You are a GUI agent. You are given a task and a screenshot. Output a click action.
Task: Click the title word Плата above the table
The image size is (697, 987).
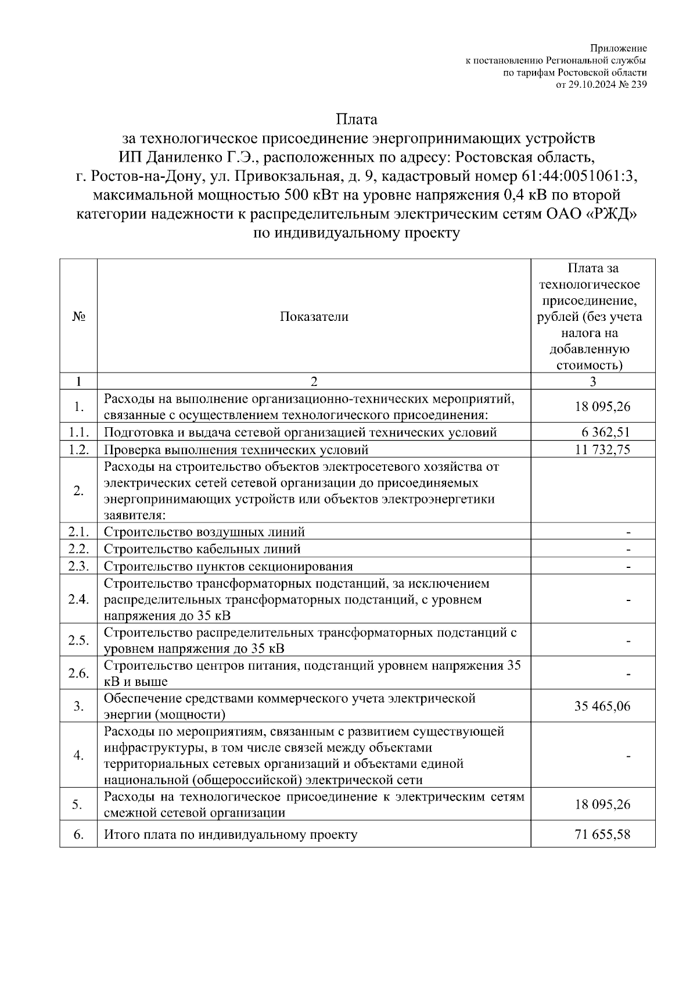[357, 120]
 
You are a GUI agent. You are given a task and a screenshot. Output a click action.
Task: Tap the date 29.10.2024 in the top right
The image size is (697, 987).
[590, 84]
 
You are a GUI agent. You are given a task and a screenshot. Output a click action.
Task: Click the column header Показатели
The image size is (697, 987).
[314, 317]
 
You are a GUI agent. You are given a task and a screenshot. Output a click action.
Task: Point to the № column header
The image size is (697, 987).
[78, 317]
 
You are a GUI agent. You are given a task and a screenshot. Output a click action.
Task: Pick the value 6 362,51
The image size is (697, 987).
[605, 432]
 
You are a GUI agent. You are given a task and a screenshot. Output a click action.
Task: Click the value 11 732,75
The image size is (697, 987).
[602, 449]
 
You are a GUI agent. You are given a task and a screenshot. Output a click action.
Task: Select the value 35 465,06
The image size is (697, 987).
[602, 706]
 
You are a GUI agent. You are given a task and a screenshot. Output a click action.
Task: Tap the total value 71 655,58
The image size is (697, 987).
[602, 835]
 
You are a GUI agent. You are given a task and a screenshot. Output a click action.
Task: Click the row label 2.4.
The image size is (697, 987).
[78, 599]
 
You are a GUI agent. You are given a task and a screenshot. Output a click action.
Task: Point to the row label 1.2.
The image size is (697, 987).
[78, 449]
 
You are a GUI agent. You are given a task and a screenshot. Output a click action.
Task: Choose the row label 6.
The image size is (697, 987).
[78, 835]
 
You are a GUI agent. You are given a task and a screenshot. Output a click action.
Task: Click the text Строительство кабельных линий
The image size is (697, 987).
[202, 549]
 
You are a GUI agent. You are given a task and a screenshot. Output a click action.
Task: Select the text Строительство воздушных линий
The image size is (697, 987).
[204, 532]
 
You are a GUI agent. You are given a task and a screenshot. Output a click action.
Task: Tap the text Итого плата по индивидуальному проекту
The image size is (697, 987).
[231, 835]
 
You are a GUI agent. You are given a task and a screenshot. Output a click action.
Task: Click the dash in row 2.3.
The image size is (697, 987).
[628, 566]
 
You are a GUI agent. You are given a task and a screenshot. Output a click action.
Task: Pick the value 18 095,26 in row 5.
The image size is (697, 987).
[602, 804]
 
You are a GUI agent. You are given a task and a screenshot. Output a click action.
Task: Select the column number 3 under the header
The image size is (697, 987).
[592, 381]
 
